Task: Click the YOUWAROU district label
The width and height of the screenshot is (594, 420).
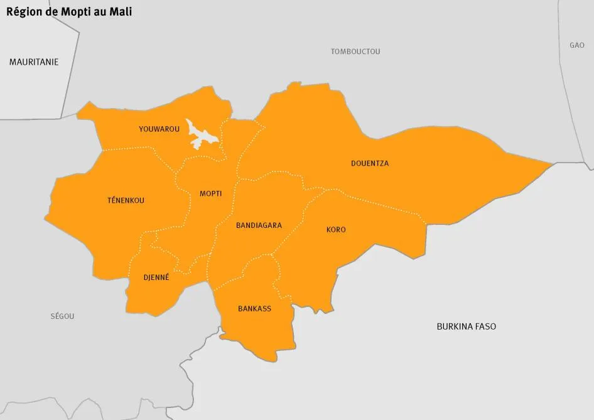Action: pyautogui.click(x=159, y=129)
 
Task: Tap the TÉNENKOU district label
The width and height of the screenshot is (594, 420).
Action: pyautogui.click(x=126, y=201)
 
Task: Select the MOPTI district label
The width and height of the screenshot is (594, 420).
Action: pyautogui.click(x=210, y=193)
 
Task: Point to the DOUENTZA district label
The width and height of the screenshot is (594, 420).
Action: pyautogui.click(x=369, y=164)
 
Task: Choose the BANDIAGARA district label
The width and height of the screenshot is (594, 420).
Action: pyautogui.click(x=259, y=225)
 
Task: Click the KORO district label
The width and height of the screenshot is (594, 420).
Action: pyautogui.click(x=336, y=230)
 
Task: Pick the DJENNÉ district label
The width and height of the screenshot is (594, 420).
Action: pyautogui.click(x=156, y=277)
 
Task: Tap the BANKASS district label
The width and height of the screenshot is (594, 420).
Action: pyautogui.click(x=254, y=309)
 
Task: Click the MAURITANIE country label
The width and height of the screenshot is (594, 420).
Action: pyautogui.click(x=34, y=62)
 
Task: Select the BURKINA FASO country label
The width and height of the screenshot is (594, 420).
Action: pyautogui.click(x=466, y=326)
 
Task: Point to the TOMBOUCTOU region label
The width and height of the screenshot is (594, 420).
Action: pyautogui.click(x=355, y=51)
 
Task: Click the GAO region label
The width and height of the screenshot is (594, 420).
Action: pyautogui.click(x=576, y=45)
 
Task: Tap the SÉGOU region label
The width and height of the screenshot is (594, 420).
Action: pyautogui.click(x=62, y=316)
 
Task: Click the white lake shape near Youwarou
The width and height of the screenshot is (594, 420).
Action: pyautogui.click(x=202, y=136)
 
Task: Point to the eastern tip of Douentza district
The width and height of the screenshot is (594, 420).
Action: pyautogui.click(x=552, y=164)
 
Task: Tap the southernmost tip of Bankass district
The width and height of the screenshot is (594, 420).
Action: pyautogui.click(x=271, y=361)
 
